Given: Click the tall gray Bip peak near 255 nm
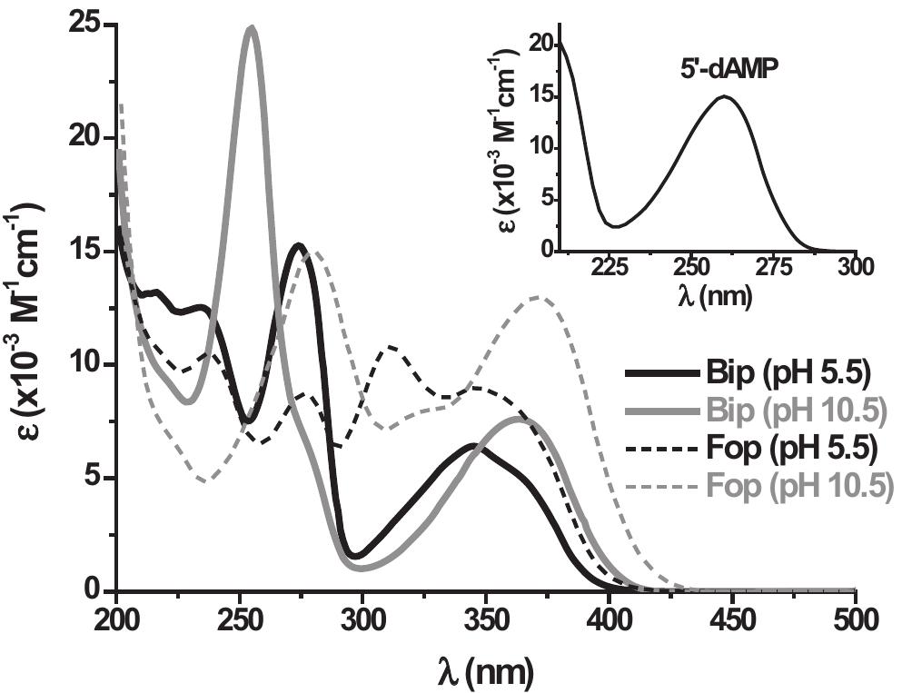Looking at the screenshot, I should pyautogui.click(x=251, y=29).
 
